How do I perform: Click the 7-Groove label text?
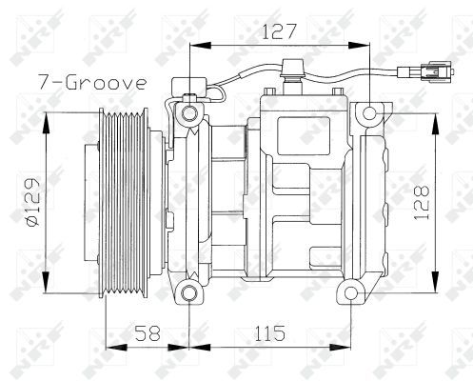coord(91,82)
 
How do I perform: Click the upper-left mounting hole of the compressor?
coord(190,114)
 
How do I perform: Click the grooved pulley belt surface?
coord(124,202)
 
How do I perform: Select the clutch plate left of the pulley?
coord(92,202)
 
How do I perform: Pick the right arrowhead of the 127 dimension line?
coord(362,44)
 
